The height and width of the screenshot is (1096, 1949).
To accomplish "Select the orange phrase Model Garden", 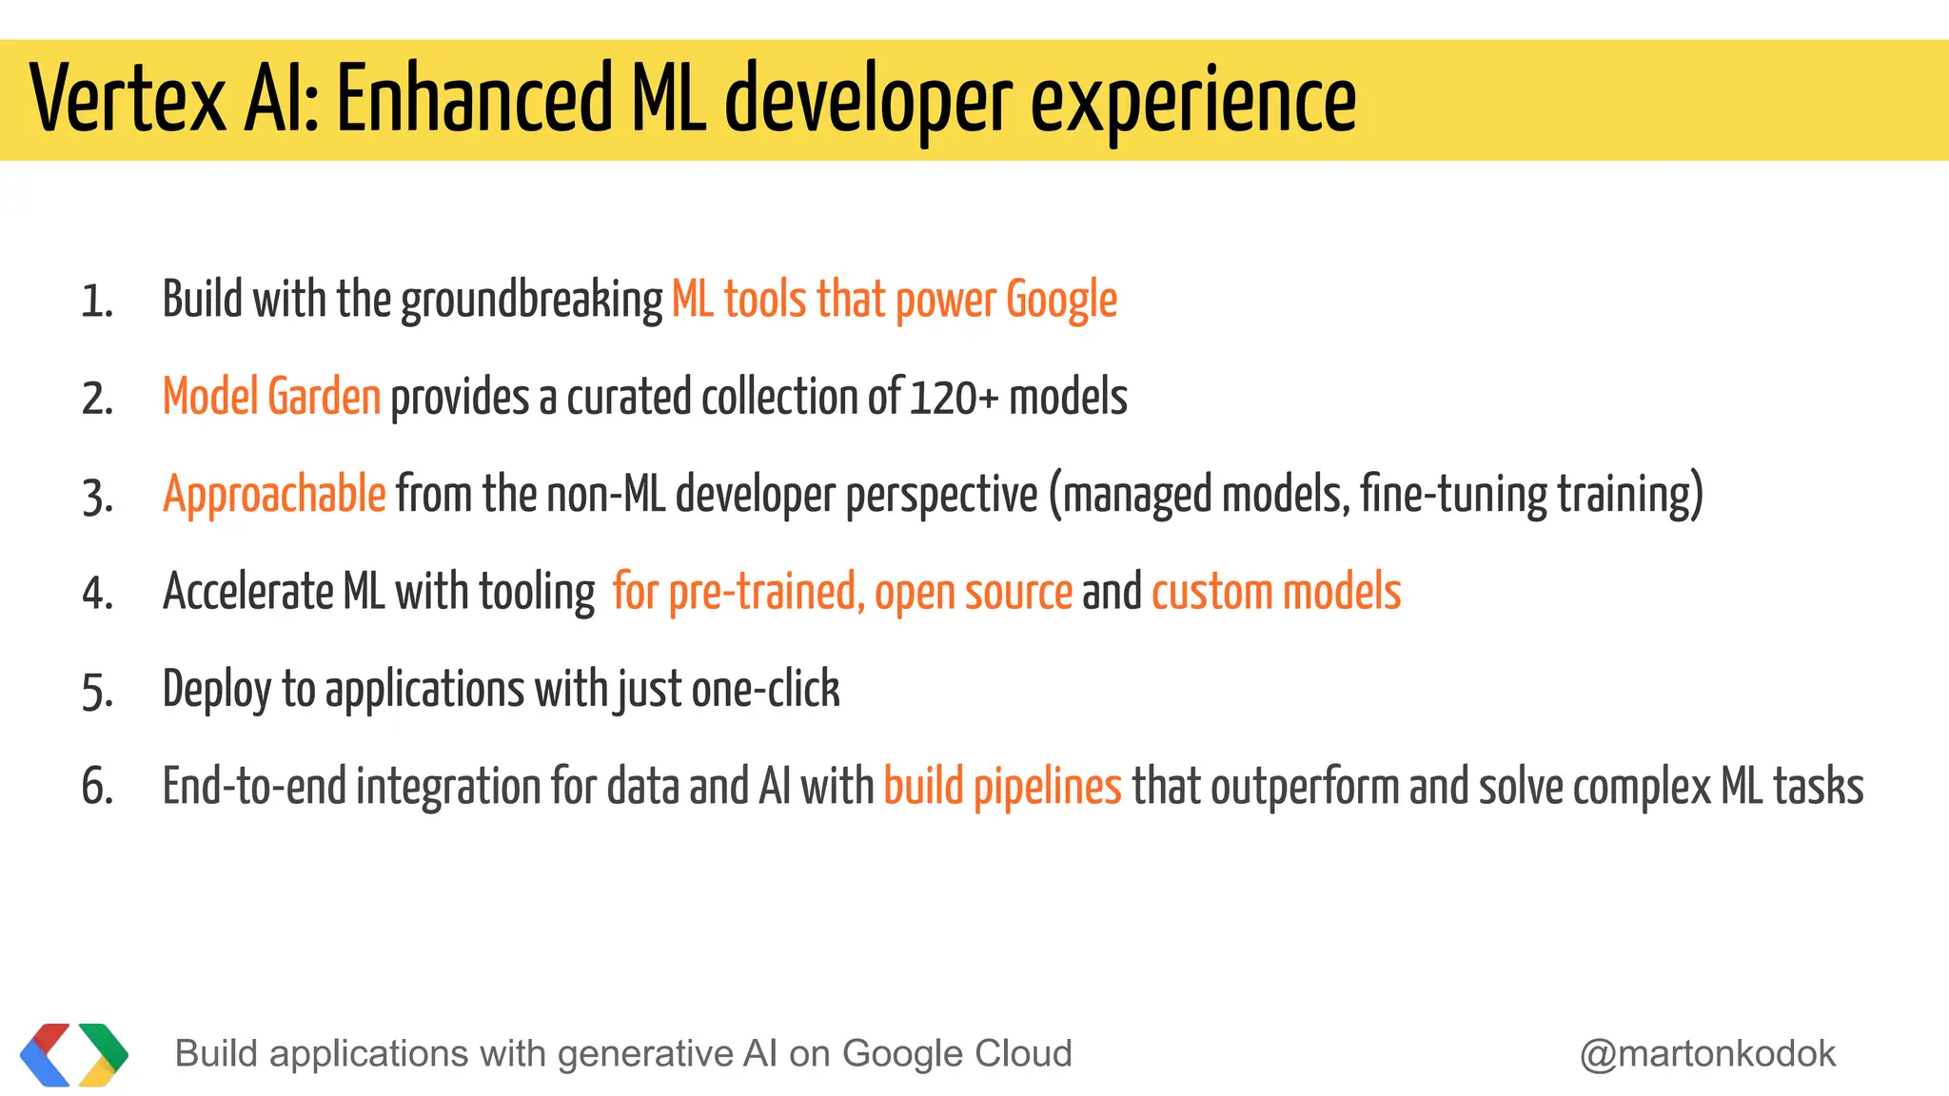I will tap(271, 397).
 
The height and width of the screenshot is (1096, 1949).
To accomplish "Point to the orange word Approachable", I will tap(274, 495).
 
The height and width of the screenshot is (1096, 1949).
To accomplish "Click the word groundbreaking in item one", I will tap(531, 301).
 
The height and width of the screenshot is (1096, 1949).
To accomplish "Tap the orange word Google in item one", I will tap(1061, 301).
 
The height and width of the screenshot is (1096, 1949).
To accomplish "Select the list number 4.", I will tap(97, 594).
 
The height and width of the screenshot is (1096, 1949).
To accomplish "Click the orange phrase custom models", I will tap(1275, 592).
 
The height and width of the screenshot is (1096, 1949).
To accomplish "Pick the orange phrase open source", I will tap(973, 593).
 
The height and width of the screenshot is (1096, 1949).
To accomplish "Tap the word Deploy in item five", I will tap(216, 690).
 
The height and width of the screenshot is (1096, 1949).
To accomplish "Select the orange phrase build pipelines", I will tap(1002, 788).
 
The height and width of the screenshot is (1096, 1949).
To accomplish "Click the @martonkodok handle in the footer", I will tap(1707, 1054).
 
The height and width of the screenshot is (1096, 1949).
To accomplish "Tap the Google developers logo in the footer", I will tap(73, 1054).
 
